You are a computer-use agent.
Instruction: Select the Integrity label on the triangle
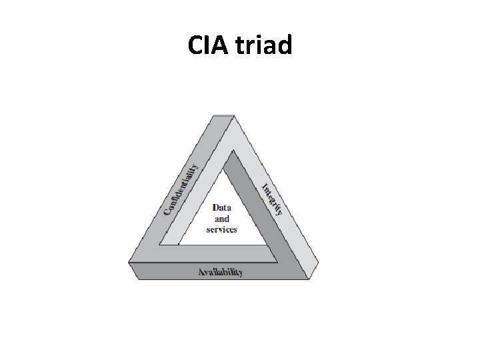pos(272,198)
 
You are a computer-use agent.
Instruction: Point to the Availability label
pos(220,272)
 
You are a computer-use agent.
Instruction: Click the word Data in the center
pos(221,208)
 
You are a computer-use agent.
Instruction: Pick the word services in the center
pos(221,229)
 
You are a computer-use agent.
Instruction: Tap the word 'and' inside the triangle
pos(221,219)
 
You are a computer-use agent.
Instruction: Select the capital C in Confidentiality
pos(167,212)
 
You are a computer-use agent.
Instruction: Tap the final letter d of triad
pos(285,45)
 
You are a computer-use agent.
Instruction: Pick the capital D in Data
pos(215,208)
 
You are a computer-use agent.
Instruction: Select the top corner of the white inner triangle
pos(233,151)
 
